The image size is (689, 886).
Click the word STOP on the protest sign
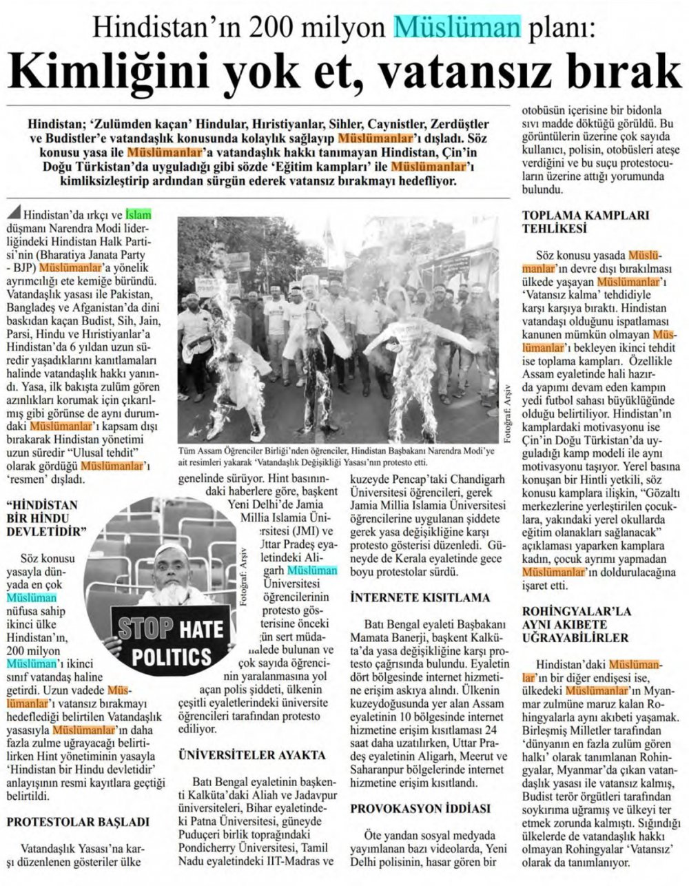(x=145, y=629)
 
